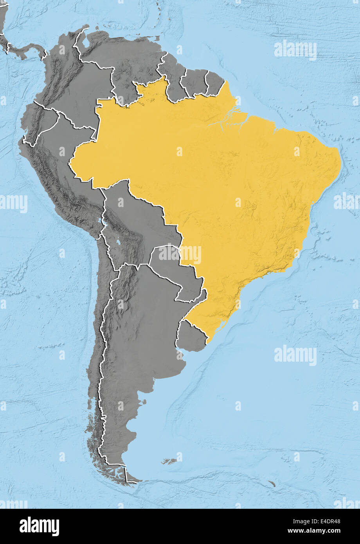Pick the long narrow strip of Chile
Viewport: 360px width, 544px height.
point(100,352)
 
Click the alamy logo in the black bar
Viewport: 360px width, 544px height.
point(39,526)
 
